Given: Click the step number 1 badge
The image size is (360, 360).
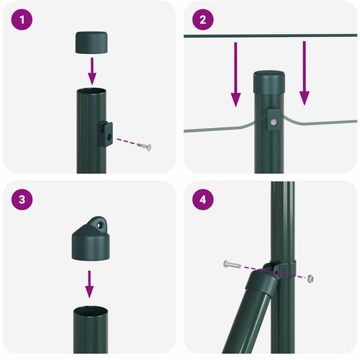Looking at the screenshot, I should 24,20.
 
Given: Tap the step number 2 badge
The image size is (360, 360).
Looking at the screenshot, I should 202,20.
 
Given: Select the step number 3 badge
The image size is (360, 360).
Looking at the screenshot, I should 24,199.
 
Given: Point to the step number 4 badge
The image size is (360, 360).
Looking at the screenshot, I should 202,199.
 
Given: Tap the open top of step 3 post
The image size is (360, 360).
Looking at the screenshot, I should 90,310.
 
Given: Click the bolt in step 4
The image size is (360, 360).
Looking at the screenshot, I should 231,265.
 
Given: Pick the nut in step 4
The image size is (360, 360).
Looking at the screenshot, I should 310,278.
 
